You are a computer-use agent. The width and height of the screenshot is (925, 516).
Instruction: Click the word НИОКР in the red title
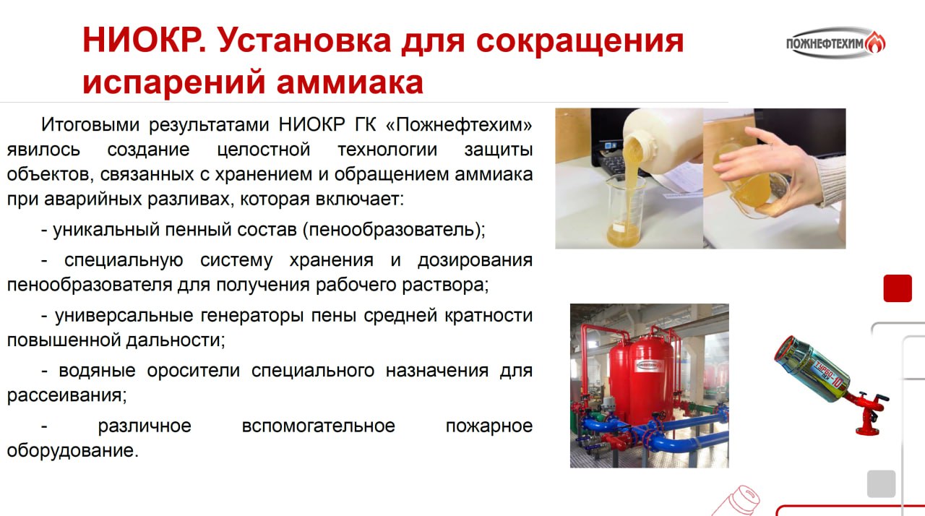[x=144, y=40]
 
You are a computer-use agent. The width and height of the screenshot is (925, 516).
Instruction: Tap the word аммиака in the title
[x=350, y=82]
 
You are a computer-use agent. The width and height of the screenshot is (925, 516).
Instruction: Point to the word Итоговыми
[x=90, y=124]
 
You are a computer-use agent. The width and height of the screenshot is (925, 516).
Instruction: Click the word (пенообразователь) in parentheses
[x=394, y=230]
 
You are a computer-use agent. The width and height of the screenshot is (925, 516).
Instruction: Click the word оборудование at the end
[x=73, y=450]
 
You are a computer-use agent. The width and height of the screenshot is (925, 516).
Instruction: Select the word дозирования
[x=475, y=260]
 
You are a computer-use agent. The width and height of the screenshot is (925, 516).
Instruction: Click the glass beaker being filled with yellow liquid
[x=625, y=211]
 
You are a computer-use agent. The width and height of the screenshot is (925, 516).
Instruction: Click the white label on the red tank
[x=649, y=366]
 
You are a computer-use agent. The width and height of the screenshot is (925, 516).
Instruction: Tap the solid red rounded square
[x=898, y=288]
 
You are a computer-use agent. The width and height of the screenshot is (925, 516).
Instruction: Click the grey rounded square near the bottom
[x=881, y=483]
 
